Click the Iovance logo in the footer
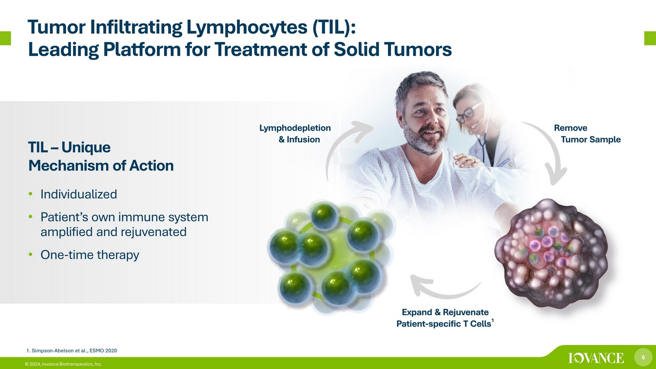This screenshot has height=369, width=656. (x=596, y=358)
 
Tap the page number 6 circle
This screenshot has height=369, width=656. (x=643, y=357)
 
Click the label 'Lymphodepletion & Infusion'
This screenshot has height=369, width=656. (x=295, y=133)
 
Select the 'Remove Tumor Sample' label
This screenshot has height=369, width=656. (x=587, y=133)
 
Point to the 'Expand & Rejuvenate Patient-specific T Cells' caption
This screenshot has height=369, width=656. (x=445, y=318)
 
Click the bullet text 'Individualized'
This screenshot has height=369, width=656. (x=79, y=194)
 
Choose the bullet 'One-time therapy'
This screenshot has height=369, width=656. (x=90, y=255)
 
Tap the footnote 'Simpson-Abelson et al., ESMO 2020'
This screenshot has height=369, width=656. (x=74, y=351)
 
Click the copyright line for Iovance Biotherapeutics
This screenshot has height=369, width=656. (x=63, y=364)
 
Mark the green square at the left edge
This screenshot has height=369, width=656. (x=5, y=38)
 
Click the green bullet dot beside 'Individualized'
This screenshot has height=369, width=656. (x=31, y=194)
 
